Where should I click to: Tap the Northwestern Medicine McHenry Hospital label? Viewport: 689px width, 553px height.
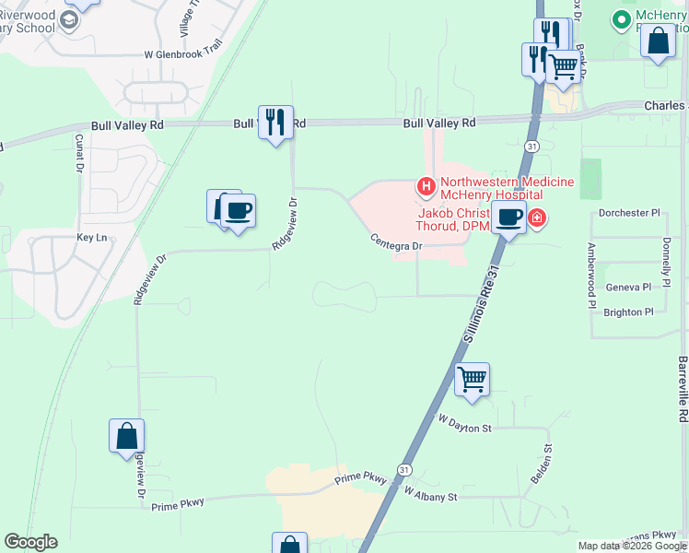[508, 188]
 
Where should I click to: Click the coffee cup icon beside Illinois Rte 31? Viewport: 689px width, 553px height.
[508, 218]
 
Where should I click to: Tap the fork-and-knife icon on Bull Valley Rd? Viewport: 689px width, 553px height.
[275, 121]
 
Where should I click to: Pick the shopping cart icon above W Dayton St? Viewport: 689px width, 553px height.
[472, 379]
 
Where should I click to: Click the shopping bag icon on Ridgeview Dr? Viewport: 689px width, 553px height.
[127, 436]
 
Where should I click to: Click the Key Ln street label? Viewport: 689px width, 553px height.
[92, 238]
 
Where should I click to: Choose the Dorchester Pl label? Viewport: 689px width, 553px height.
[630, 213]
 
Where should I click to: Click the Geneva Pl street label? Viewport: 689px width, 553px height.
[629, 288]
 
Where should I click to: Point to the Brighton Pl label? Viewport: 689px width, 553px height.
[628, 312]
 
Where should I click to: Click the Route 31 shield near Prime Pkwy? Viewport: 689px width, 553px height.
[404, 469]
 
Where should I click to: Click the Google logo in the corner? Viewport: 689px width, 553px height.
[30, 542]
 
